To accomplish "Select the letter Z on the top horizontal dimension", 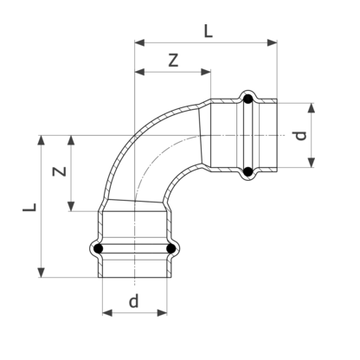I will [173, 61].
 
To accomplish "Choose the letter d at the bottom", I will [133, 301].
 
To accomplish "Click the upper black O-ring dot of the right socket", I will [248, 99].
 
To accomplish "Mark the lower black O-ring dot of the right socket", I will [248, 173].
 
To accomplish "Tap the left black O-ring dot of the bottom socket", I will [100, 250].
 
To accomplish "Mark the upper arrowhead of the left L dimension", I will [41, 138].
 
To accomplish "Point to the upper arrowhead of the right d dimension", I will [311, 106].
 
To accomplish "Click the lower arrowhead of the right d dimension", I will [311, 164].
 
